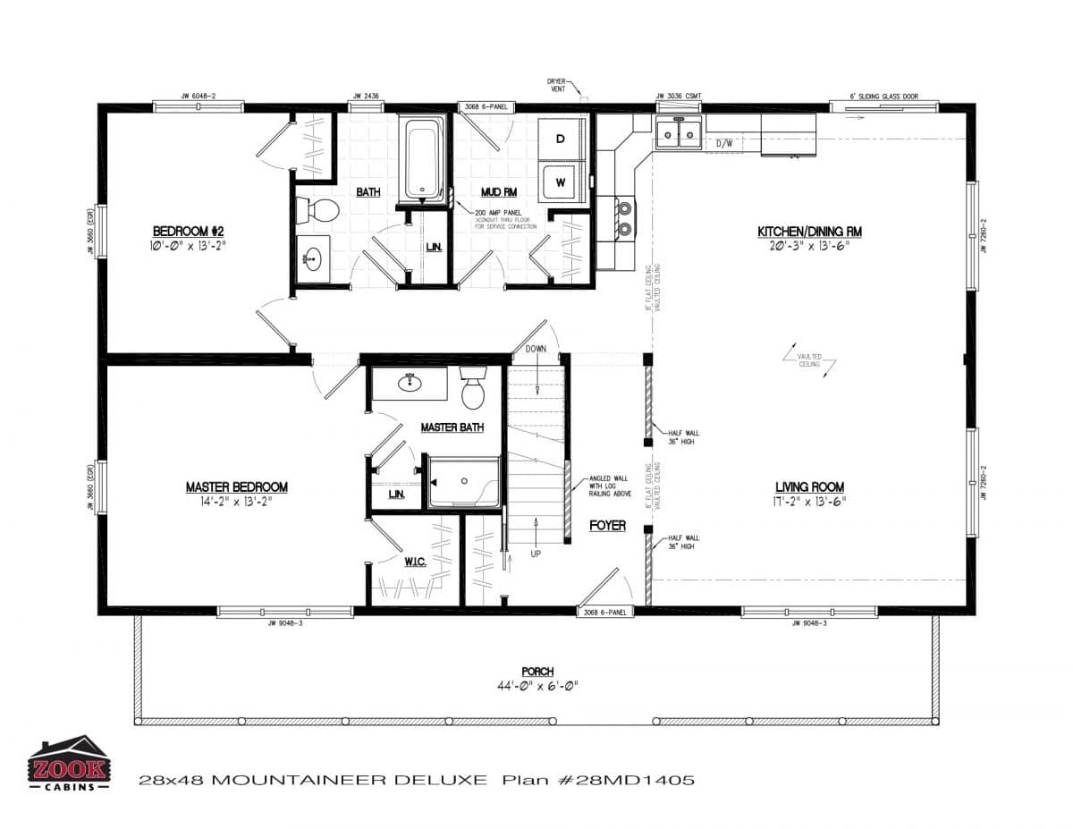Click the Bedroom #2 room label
point(187,230)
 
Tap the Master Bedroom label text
point(236,487)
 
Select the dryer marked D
point(561,139)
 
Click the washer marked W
point(561,182)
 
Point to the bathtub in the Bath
point(423,159)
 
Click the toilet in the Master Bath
point(472,390)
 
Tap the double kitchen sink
point(678,134)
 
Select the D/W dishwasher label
point(724,143)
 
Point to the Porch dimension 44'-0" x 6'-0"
point(537,687)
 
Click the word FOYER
point(607,526)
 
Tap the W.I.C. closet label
point(413,562)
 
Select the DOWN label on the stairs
point(536,349)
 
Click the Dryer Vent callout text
point(557,84)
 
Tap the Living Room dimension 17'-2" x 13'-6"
point(809,502)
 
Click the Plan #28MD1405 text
point(598,780)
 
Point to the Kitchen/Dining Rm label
point(809,231)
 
